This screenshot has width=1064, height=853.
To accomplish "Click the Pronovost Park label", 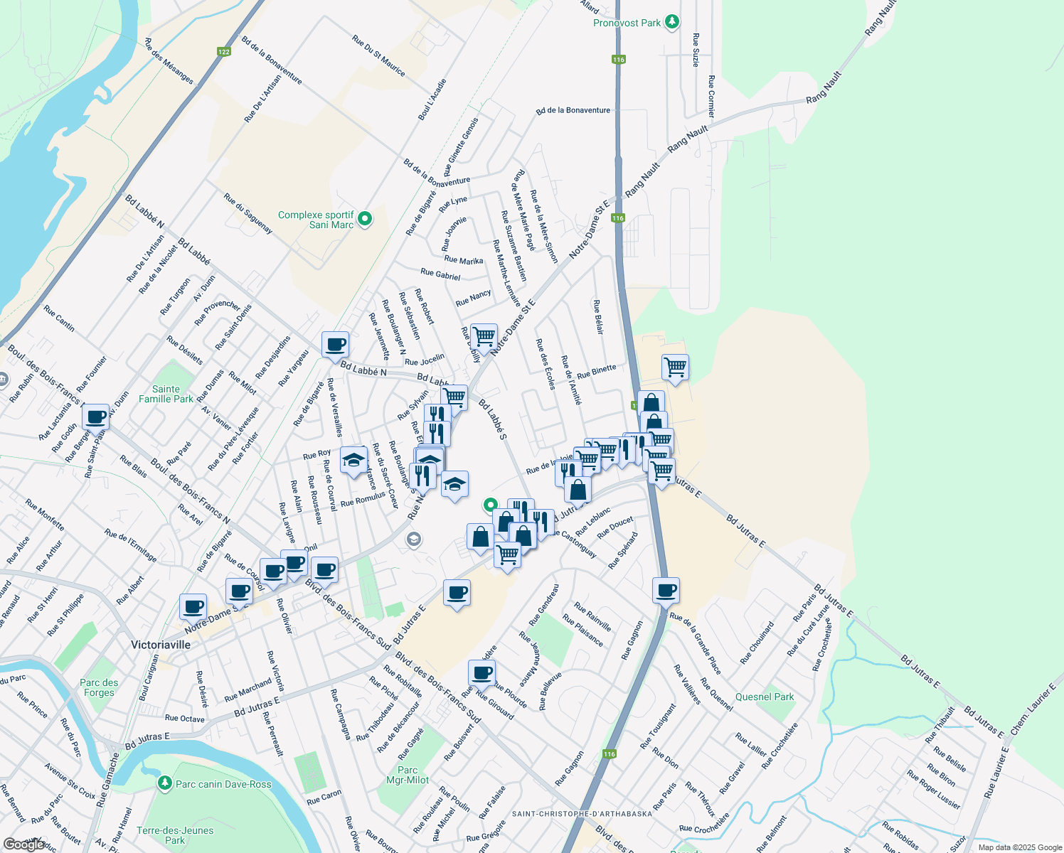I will point(627,23).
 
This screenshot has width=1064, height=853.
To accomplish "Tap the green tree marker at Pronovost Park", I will point(672,22).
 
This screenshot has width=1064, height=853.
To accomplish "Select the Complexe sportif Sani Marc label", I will point(316,220).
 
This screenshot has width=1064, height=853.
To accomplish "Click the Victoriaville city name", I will point(161,645).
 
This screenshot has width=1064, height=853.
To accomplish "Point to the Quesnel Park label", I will point(765,697).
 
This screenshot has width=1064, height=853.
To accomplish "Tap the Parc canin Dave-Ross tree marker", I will point(165,783).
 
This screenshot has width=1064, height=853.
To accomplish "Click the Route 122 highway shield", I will point(224,51).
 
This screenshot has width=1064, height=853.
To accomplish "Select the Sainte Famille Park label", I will point(166,394).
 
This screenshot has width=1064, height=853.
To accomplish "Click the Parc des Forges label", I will point(99,687).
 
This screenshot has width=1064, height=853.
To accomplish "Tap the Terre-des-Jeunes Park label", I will point(175,835).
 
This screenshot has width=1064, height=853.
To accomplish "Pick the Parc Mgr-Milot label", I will point(408,775).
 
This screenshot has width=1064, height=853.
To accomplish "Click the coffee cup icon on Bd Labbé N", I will point(336,345).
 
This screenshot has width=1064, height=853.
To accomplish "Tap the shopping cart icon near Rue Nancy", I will point(484,336).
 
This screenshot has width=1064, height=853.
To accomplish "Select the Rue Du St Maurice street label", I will point(379,56).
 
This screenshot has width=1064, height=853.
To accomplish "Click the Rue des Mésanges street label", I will point(169,61).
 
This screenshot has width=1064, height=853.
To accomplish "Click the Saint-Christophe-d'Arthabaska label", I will point(582,813).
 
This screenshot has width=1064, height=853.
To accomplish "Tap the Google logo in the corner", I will point(23,844).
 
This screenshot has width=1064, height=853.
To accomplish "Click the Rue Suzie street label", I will point(696,50).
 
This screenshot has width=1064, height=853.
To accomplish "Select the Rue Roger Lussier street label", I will point(934,790).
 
